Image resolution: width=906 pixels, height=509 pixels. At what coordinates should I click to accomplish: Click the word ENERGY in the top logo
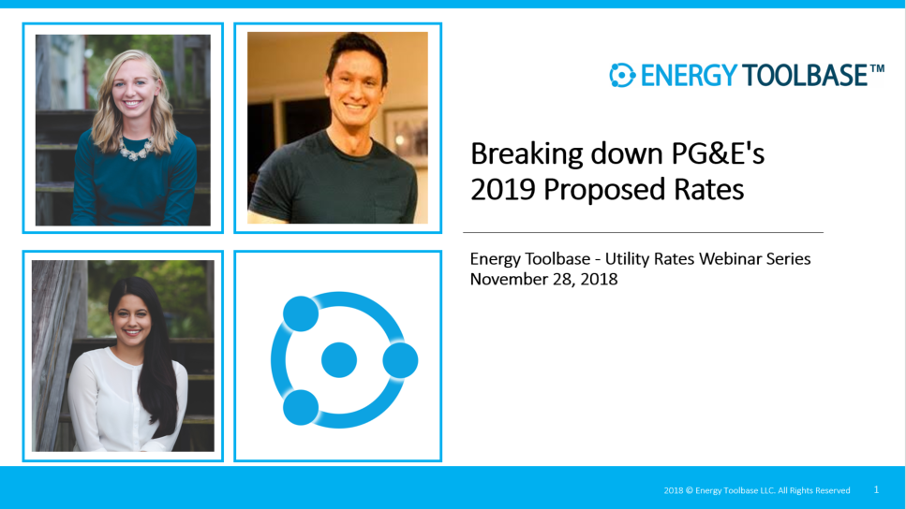[689, 76]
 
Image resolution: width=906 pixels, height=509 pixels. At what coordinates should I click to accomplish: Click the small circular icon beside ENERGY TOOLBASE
[622, 75]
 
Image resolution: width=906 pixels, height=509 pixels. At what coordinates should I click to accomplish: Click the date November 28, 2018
[543, 280]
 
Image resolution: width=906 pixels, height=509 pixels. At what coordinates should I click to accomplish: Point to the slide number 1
[876, 489]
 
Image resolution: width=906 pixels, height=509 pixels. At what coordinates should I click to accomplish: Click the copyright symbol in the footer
[689, 490]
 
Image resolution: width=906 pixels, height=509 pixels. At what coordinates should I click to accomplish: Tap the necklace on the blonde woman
[136, 149]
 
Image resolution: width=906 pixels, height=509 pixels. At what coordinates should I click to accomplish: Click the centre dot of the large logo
[338, 359]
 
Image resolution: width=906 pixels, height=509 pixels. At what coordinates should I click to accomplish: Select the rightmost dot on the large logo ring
[400, 360]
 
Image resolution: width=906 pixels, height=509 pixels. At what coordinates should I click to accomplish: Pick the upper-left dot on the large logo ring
[301, 314]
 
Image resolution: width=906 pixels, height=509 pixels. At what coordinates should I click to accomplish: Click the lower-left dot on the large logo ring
[301, 407]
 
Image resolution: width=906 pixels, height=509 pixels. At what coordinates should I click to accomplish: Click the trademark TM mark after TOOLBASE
[877, 68]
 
